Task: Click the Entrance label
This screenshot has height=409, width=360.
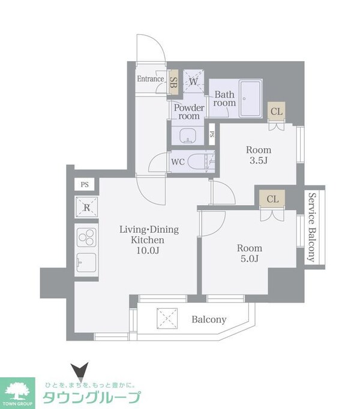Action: pyautogui.click(x=151, y=79)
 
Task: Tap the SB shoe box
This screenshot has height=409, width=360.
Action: pyautogui.click(x=173, y=82)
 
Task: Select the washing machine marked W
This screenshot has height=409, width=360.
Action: pyautogui.click(x=193, y=81)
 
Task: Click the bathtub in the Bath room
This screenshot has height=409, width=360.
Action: pyautogui.click(x=251, y=98)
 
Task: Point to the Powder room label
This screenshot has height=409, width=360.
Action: pyautogui.click(x=189, y=112)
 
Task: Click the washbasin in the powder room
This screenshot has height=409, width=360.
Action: pyautogui.click(x=188, y=136)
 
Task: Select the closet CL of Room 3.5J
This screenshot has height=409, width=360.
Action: pyautogui.click(x=276, y=112)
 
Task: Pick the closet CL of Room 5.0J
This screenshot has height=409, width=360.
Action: pyautogui.click(x=272, y=199)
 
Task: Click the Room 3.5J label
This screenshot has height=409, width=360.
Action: pyautogui.click(x=259, y=155)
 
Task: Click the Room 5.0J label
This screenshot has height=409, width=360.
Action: pyautogui.click(x=250, y=253)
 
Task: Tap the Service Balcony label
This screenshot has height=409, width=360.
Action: pyautogui.click(x=312, y=227)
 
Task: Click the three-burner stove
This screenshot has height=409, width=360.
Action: pyautogui.click(x=86, y=237)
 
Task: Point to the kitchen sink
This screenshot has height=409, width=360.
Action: pyautogui.click(x=86, y=263)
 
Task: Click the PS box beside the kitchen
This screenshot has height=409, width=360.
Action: pyautogui.click(x=85, y=185)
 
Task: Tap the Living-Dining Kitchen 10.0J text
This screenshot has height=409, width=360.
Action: pyautogui.click(x=149, y=240)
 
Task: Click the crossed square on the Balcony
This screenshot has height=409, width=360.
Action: pyautogui.click(x=167, y=318)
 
